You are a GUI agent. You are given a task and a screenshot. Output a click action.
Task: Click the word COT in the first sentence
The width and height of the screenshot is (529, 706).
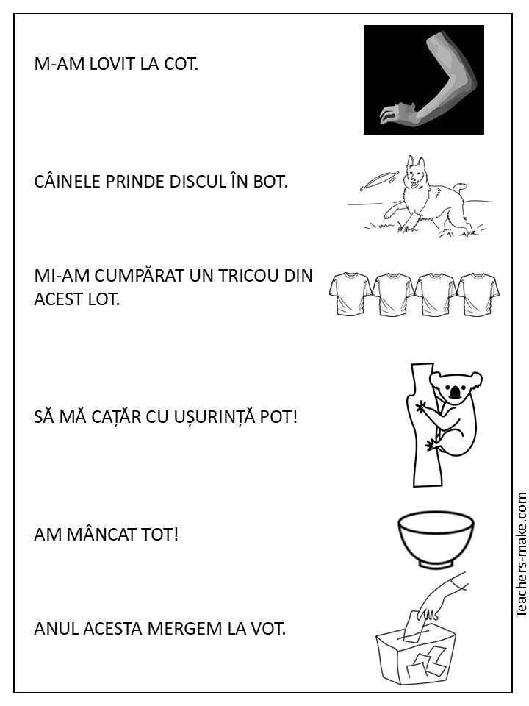[180, 65]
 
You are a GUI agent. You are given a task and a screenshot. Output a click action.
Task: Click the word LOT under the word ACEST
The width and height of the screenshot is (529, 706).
[104, 299]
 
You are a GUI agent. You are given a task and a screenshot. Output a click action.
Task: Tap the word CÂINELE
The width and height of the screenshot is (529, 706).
[68, 182]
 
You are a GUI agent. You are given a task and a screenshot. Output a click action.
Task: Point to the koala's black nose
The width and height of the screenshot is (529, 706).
[456, 392]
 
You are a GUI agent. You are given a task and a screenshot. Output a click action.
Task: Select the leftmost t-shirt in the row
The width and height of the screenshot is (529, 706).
[350, 293]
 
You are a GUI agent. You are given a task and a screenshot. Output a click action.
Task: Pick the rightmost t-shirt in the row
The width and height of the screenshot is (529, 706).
[478, 293]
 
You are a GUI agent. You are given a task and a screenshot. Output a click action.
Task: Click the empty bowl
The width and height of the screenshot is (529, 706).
[436, 541]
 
